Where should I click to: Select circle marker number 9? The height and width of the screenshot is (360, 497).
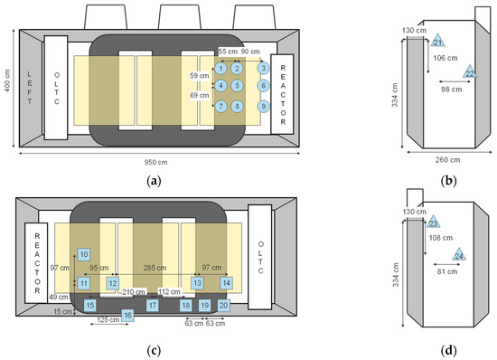[x=263, y=106]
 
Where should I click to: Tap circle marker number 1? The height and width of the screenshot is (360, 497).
[x=220, y=68]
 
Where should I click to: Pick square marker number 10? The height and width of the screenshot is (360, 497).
[x=83, y=255]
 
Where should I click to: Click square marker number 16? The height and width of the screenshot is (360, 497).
[x=128, y=316]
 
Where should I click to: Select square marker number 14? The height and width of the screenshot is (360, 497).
[x=226, y=283]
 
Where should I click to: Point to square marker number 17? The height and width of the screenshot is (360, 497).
[x=153, y=306]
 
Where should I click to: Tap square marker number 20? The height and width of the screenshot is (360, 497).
[x=223, y=306]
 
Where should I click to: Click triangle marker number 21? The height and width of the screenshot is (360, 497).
[x=438, y=43]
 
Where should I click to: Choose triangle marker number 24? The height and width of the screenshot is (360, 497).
[x=459, y=257]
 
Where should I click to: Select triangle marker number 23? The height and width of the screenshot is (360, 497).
[x=434, y=223]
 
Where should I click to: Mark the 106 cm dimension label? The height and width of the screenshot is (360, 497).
[x=445, y=58]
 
